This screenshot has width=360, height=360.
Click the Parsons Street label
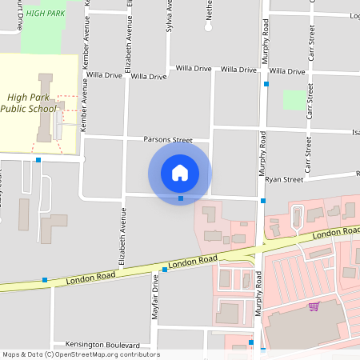pyautogui.click(x=168, y=139)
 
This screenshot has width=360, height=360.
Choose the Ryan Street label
pyautogui.click(x=284, y=180)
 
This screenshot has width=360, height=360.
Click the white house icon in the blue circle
pyautogui.click(x=180, y=172)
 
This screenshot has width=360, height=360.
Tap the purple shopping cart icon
pyautogui.click(x=314, y=306)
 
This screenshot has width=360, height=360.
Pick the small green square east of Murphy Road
pyautogui.click(x=294, y=100)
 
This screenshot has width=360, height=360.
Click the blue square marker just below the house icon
pyautogui.click(x=181, y=198)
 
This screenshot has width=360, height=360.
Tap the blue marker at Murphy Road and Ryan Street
pyautogui.click(x=262, y=200)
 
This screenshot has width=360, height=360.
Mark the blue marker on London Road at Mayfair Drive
pyautogui.click(x=165, y=270)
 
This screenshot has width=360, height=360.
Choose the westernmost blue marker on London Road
pyautogui.click(x=45, y=280)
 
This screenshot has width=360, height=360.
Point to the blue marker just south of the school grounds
pyautogui.click(x=38, y=160)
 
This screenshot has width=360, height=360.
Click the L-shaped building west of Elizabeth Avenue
pyautogui.click(x=54, y=228)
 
